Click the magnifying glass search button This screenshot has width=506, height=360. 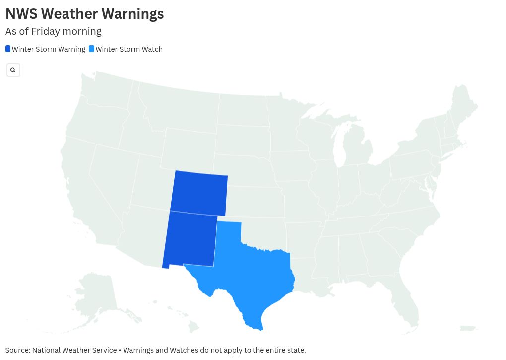pyautogui.click(x=13, y=70)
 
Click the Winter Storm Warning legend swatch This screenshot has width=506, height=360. pyautogui.click(x=8, y=49)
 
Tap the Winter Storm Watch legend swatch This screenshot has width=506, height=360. pyautogui.click(x=91, y=49)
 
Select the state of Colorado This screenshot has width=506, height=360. pyautogui.click(x=199, y=193)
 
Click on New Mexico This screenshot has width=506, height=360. pyautogui.click(x=190, y=239)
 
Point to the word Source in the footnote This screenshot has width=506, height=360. pyautogui.click(x=17, y=350)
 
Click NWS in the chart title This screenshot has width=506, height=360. pyautogui.click(x=21, y=14)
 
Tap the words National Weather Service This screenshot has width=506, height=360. pyautogui.click(x=74, y=350)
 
